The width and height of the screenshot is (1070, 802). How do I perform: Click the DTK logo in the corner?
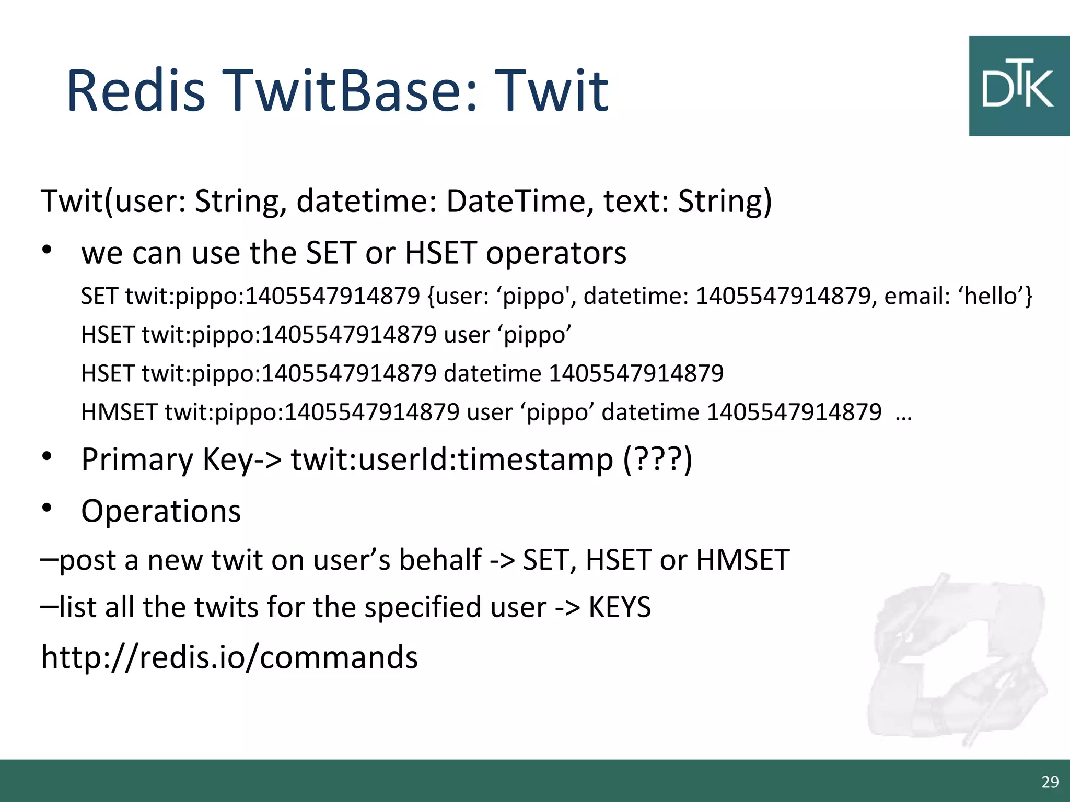[1019, 86]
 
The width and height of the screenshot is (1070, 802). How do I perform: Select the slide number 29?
[1050, 782]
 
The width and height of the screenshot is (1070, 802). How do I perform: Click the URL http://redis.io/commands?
[229, 657]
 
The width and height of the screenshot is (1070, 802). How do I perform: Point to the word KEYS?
[620, 607]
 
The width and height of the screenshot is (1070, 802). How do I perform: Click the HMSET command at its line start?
[119, 412]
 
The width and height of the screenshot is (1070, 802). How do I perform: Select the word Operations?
[161, 511]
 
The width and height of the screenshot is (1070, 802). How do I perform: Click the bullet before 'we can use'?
[47, 251]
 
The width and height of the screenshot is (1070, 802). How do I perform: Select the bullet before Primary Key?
[47, 456]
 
